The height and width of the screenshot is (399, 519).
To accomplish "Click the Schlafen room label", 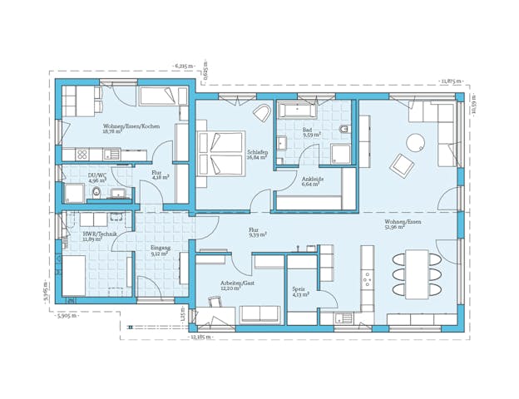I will pos(257,154).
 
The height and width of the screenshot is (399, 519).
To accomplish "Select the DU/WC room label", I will pos(97,177).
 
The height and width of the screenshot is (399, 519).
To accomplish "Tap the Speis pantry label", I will pos(300,292).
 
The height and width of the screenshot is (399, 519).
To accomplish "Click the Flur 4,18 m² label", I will pos(160,175).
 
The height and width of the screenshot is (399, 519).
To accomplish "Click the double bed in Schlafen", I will pos(221,152).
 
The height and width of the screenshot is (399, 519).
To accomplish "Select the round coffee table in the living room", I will pos(416,140).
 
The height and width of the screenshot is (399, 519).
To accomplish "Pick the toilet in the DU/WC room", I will pos(97,194).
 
